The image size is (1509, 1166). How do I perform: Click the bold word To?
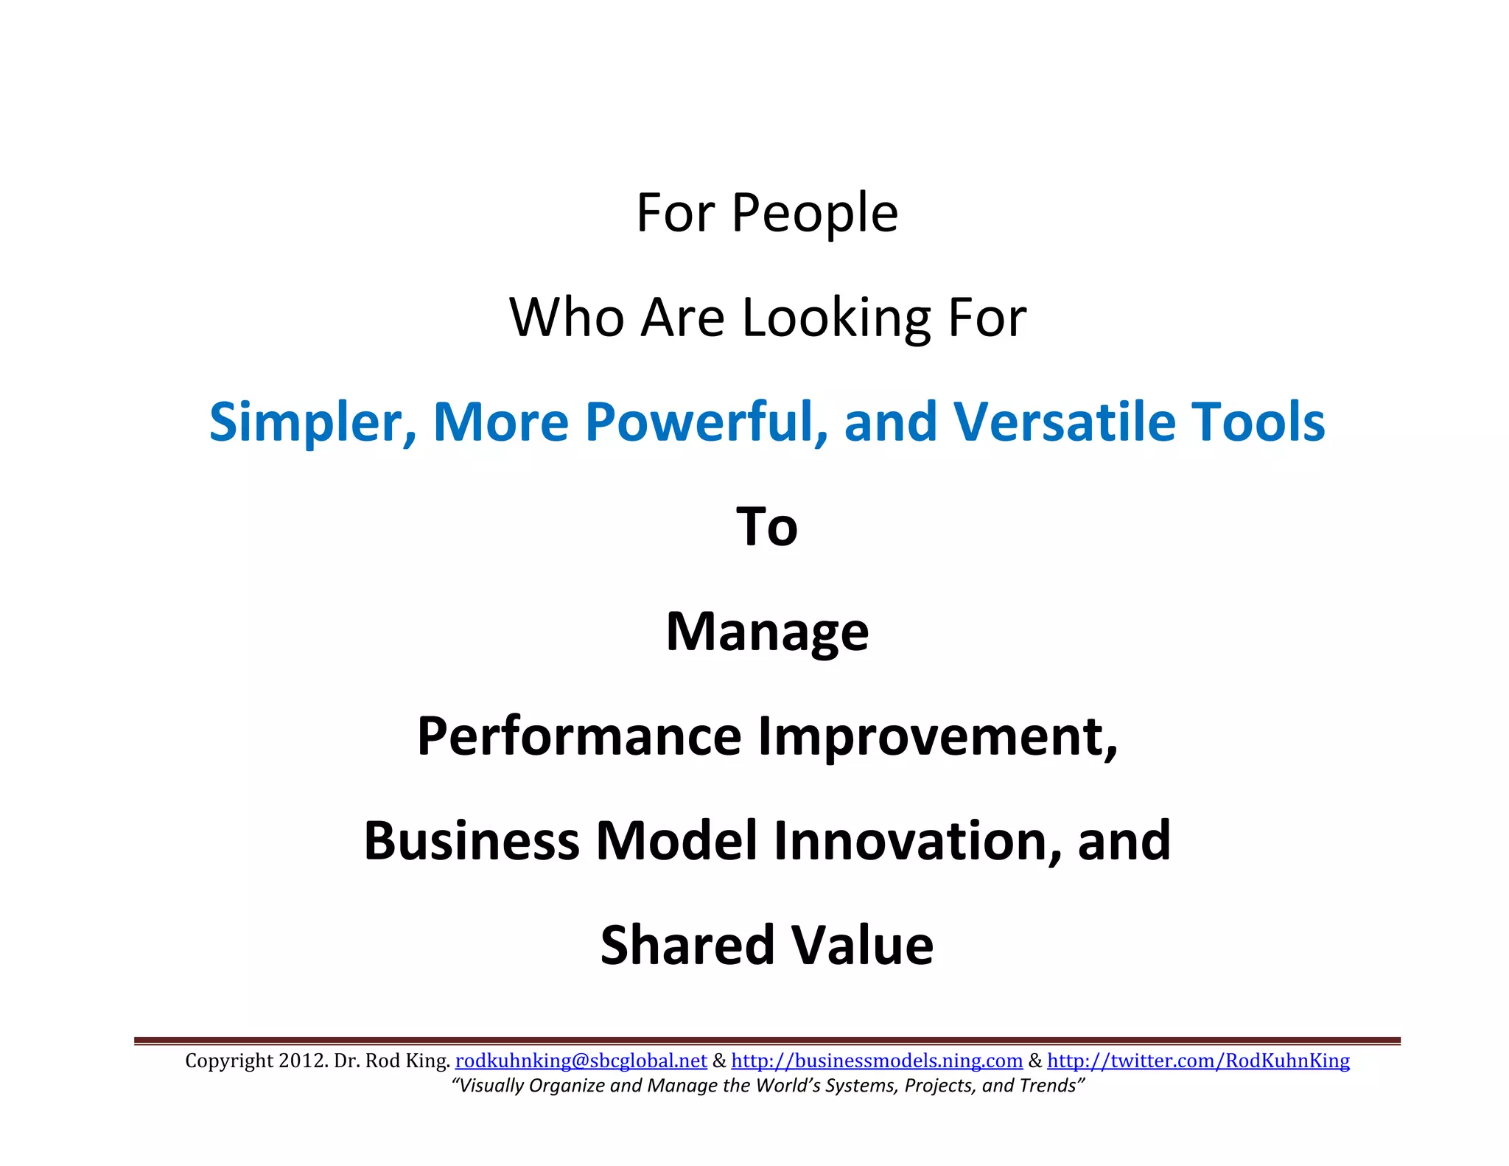(x=767, y=527)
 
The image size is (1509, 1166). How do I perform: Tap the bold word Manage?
(x=767, y=632)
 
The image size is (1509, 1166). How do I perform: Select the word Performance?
(x=579, y=736)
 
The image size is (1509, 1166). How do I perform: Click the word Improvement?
(x=937, y=736)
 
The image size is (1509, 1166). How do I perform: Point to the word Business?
(x=472, y=841)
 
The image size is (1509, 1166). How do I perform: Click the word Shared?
(x=687, y=946)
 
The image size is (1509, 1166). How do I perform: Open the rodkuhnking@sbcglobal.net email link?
(x=581, y=1061)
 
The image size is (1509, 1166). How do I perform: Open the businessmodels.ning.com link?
(x=877, y=1061)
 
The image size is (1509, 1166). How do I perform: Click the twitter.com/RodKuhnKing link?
(x=1198, y=1061)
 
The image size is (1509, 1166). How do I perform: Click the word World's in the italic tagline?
(x=784, y=1086)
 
